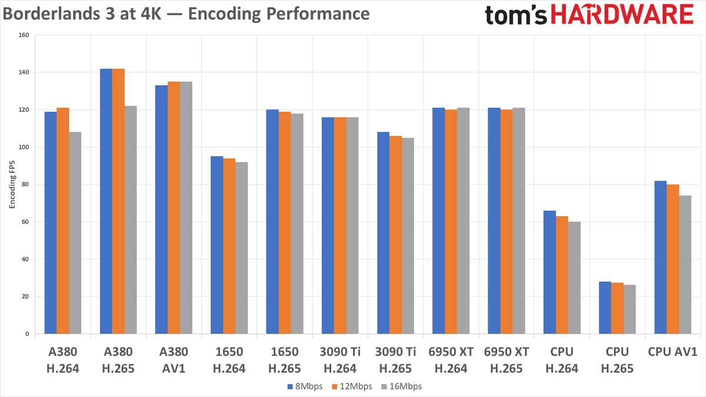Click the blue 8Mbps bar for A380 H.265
tap(106, 201)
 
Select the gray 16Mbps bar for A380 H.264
tap(75, 233)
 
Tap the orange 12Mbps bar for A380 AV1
tap(174, 208)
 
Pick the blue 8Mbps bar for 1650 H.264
tap(217, 245)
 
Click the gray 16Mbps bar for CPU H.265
tap(630, 309)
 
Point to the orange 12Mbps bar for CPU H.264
tap(562, 275)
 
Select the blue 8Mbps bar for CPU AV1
tap(661, 258)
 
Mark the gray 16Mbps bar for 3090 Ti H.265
tap(408, 236)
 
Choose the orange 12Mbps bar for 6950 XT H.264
tap(451, 222)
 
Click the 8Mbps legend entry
tap(305, 386)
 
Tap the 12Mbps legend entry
tap(352, 386)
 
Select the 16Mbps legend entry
tap(401, 386)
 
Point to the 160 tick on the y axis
tap(24, 35)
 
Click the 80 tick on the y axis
tap(25, 184)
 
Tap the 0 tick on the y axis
tap(27, 334)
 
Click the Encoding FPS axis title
tap(12, 184)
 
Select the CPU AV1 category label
tap(672, 352)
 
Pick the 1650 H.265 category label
tap(285, 360)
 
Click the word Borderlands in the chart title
tap(51, 14)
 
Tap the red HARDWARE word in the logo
tap(622, 15)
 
